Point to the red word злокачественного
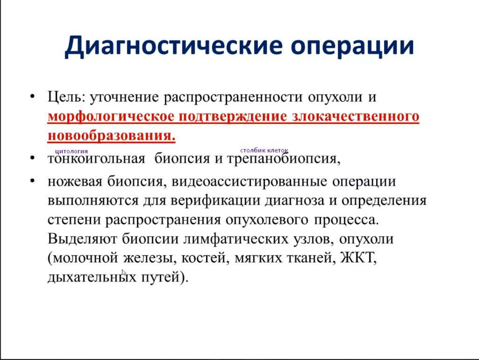pyautogui.click(x=355, y=117)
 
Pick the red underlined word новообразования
pyautogui.click(x=111, y=136)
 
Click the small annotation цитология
pyautogui.click(x=72, y=151)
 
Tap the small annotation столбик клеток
pyautogui.click(x=264, y=150)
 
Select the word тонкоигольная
pyautogui.click(x=96, y=159)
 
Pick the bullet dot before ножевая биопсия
pyautogui.click(x=33, y=181)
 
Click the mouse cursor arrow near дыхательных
pyautogui.click(x=124, y=273)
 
